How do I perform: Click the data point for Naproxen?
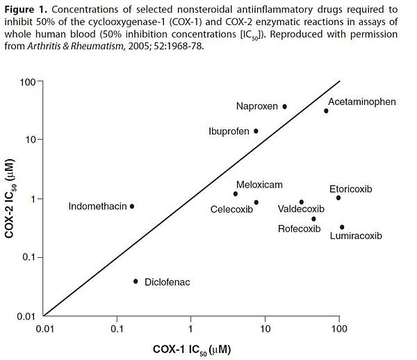[x=285, y=106]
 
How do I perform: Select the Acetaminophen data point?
[x=326, y=111]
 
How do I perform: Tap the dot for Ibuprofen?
[x=256, y=131]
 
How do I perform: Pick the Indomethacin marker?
[x=132, y=206]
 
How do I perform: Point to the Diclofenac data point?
[x=136, y=281]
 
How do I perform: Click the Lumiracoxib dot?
[x=342, y=227]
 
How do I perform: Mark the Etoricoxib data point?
[x=338, y=198]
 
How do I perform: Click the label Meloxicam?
[x=259, y=184]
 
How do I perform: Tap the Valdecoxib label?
[x=301, y=208]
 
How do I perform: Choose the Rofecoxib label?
[x=299, y=229]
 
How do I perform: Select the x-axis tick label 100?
[x=338, y=329]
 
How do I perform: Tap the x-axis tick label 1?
[x=190, y=329]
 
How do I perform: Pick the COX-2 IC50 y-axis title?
[x=12, y=199]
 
